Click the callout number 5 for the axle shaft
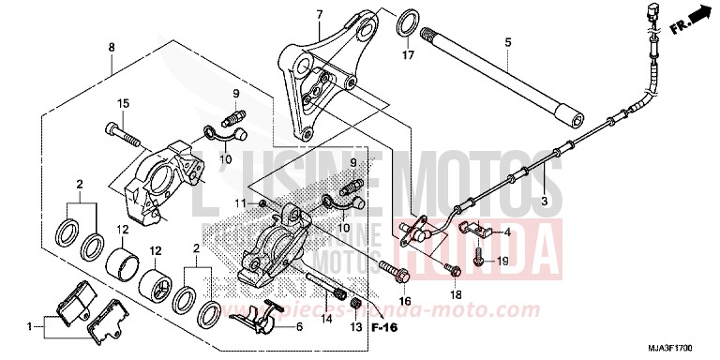tap(507, 42)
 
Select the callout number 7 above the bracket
tap(320, 14)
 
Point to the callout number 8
tap(112, 47)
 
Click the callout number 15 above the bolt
tap(122, 102)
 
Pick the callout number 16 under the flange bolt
tap(405, 300)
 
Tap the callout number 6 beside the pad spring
tap(299, 327)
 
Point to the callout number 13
tap(356, 328)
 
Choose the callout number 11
tap(240, 202)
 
